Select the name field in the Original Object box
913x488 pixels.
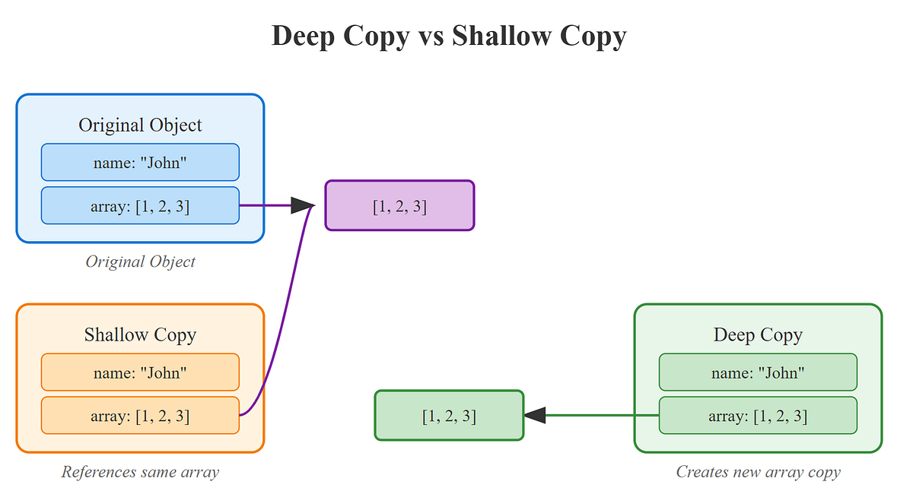(140, 163)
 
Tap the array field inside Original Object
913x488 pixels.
(140, 205)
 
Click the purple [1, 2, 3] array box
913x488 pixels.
(399, 206)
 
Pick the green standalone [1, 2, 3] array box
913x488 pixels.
(449, 416)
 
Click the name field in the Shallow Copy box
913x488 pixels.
(140, 372)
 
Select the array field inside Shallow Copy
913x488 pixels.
(140, 416)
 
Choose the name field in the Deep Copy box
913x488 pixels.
(758, 372)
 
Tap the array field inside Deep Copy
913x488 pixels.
(758, 416)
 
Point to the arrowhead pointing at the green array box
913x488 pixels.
(536, 416)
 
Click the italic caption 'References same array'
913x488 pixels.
(140, 472)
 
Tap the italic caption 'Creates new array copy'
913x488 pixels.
(758, 472)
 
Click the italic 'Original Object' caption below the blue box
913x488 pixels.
(140, 261)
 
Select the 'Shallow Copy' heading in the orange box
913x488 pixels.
(140, 334)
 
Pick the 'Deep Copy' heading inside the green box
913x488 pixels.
(758, 334)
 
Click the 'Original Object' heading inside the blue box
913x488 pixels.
(140, 125)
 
